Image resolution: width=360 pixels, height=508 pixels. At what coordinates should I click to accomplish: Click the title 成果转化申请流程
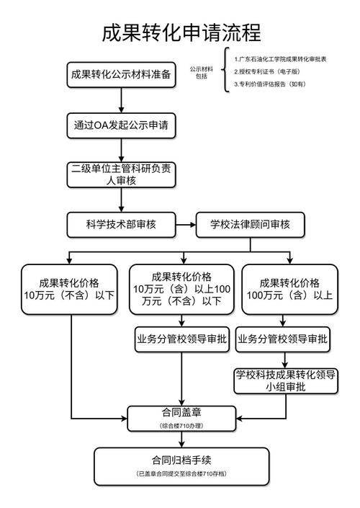click(x=181, y=32)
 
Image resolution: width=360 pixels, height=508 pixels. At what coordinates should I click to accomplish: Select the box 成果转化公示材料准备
click(x=121, y=74)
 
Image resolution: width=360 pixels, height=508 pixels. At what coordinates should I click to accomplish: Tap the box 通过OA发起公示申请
click(x=121, y=124)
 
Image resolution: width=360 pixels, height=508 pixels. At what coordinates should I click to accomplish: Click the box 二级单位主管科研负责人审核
click(x=121, y=174)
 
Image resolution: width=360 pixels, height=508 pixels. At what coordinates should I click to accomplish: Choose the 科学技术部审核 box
click(x=121, y=224)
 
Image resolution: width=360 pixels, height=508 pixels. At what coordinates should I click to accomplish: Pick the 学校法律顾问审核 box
click(x=250, y=224)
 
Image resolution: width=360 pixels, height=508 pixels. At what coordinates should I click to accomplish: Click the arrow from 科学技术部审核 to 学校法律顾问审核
click(x=186, y=224)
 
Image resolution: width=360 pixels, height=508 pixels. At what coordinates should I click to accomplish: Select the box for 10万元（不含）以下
click(x=71, y=288)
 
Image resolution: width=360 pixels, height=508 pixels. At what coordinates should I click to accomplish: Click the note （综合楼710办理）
click(x=181, y=427)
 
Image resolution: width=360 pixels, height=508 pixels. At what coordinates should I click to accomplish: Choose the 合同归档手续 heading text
click(x=181, y=459)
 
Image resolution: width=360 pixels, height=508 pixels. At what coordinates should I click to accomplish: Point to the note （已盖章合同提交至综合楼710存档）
click(x=181, y=474)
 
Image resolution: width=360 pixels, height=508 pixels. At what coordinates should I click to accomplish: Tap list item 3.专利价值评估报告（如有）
click(x=270, y=84)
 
